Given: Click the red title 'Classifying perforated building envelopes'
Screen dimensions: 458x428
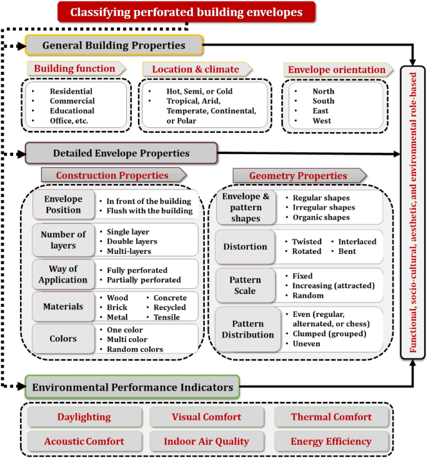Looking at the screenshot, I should pos(186,12).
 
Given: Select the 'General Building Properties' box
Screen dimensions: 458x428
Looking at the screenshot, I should pos(114,45).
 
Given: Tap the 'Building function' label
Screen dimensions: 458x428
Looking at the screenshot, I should pos(74,69).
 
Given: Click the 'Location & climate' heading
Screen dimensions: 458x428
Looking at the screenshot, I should pos(195,69).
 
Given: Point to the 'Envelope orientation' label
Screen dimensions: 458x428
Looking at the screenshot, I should pos(336,69).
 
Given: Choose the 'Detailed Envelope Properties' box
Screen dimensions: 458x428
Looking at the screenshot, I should pos(121,153).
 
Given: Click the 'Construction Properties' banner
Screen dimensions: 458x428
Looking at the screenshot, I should pos(112,175).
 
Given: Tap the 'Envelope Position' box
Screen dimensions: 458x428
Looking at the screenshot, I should pos(63,205).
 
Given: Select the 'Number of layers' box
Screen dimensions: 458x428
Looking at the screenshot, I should pos(63,240).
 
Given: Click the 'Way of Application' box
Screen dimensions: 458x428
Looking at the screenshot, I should pos(63,275).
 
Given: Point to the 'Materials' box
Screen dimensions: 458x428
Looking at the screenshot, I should pos(63,306).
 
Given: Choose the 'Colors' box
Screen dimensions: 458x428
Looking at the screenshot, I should pos(63,339).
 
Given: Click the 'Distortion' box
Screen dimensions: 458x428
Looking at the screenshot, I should pos(245,246).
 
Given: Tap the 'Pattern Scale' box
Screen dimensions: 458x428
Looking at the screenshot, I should pos(245,285).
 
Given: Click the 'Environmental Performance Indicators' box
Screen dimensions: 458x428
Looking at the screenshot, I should pos(132,387).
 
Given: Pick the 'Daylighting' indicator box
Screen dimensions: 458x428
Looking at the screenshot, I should pos(84,417).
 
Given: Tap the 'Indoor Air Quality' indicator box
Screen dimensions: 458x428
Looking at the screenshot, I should pos(206,441).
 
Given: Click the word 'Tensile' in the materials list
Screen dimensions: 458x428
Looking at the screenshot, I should pos(166,317).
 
